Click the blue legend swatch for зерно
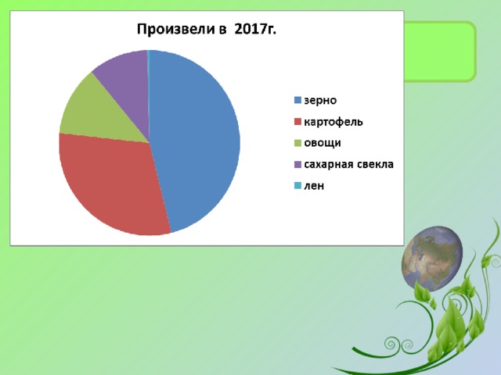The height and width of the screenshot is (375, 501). point(297,100)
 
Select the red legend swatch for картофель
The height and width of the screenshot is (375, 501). point(297,122)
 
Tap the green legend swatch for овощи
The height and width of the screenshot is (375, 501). point(297,143)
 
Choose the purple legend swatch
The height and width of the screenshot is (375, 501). point(297,164)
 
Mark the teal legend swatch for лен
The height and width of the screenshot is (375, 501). point(297,185)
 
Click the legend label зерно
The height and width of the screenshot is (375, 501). point(320,101)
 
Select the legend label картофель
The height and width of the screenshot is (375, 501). point(333,122)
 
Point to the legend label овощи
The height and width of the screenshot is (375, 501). point(323,143)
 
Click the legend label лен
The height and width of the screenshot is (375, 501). point(314,186)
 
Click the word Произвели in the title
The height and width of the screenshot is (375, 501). point(175,30)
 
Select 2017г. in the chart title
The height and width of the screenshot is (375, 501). point(255,29)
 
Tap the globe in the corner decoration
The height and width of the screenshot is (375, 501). point(432,259)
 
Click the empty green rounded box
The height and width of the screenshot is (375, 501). point(440,52)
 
